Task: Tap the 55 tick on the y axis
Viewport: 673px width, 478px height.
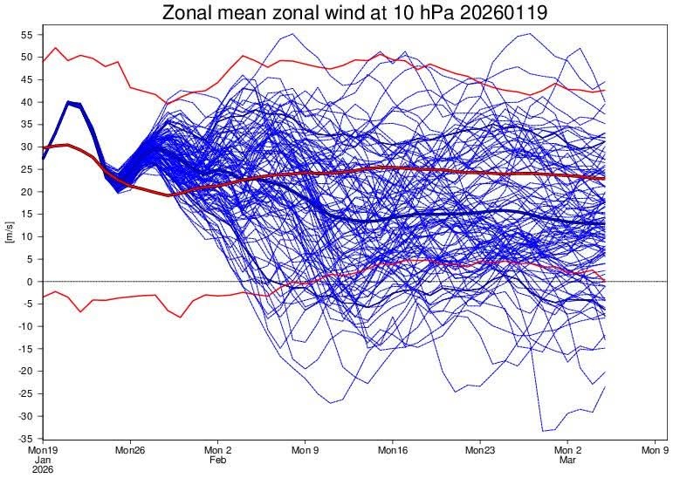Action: pos(26,34)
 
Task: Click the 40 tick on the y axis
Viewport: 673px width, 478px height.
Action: pos(26,101)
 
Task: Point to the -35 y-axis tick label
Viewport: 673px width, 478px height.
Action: pos(24,438)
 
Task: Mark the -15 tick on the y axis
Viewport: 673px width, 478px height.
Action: pos(24,348)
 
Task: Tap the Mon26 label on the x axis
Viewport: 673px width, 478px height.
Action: pos(129,451)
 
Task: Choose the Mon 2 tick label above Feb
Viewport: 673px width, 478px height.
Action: pos(217,451)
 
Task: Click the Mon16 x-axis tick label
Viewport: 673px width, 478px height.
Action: pos(392,451)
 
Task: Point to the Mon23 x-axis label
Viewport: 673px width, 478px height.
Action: pos(479,451)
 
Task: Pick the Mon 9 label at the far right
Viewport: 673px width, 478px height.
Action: pos(655,451)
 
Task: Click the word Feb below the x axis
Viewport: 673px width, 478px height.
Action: pos(217,461)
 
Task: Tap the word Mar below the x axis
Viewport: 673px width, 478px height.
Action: pos(567,461)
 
